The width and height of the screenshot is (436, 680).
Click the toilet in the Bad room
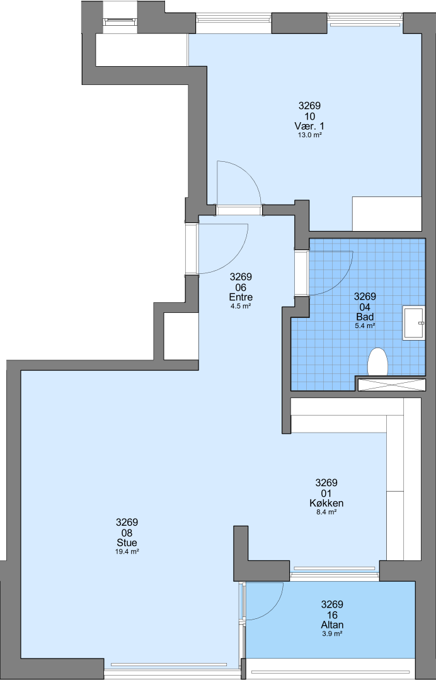click(377, 361)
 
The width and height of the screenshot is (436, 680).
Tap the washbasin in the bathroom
click(413, 322)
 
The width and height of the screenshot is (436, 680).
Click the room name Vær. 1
click(309, 126)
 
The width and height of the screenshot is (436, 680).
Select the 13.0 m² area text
click(309, 135)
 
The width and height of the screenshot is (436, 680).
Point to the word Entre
click(241, 297)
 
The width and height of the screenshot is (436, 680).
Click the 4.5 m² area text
click(241, 306)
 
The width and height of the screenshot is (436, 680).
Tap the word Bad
click(365, 317)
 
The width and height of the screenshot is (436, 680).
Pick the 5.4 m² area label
click(365, 326)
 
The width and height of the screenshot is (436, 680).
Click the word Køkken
click(326, 503)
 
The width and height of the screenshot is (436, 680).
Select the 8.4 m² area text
click(326, 512)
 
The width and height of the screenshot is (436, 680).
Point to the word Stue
click(127, 543)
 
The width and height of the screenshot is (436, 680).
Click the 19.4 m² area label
click(127, 552)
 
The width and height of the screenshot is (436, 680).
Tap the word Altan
click(332, 625)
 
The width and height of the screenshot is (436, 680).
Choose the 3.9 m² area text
click(332, 633)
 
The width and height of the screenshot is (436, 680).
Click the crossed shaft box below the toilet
click(391, 385)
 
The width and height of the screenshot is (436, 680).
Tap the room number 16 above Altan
click(332, 615)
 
